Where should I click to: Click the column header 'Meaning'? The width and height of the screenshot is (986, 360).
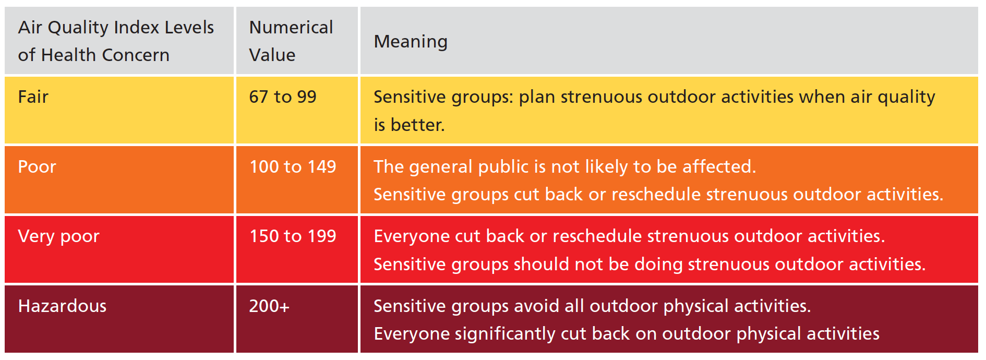411,42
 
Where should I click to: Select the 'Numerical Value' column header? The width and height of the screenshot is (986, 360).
291,41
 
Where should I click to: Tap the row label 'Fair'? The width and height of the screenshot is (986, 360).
33,97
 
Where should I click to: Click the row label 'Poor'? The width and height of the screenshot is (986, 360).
37,167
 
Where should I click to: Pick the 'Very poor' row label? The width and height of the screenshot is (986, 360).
58,236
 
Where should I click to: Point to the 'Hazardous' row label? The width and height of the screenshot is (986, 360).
62,306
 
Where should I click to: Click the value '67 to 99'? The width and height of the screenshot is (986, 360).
282,97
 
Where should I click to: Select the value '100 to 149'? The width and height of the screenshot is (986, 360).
293,167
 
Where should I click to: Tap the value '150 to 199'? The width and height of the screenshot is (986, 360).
293,236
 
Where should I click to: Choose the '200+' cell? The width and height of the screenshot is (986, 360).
269,306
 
